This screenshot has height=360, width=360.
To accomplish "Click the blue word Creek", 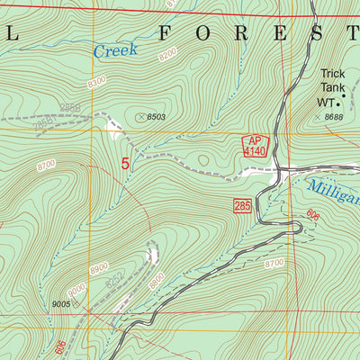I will (115, 50).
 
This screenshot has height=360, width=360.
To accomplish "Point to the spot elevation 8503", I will (154, 116).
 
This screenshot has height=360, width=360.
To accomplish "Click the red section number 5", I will (124, 164).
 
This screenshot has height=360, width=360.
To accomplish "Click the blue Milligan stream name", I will (333, 189).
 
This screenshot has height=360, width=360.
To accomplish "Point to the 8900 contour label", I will (98, 268).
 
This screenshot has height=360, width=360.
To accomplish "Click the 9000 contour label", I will (76, 288).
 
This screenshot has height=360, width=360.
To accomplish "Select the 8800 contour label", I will (156, 280).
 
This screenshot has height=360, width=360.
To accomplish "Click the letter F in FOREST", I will (164, 34).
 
